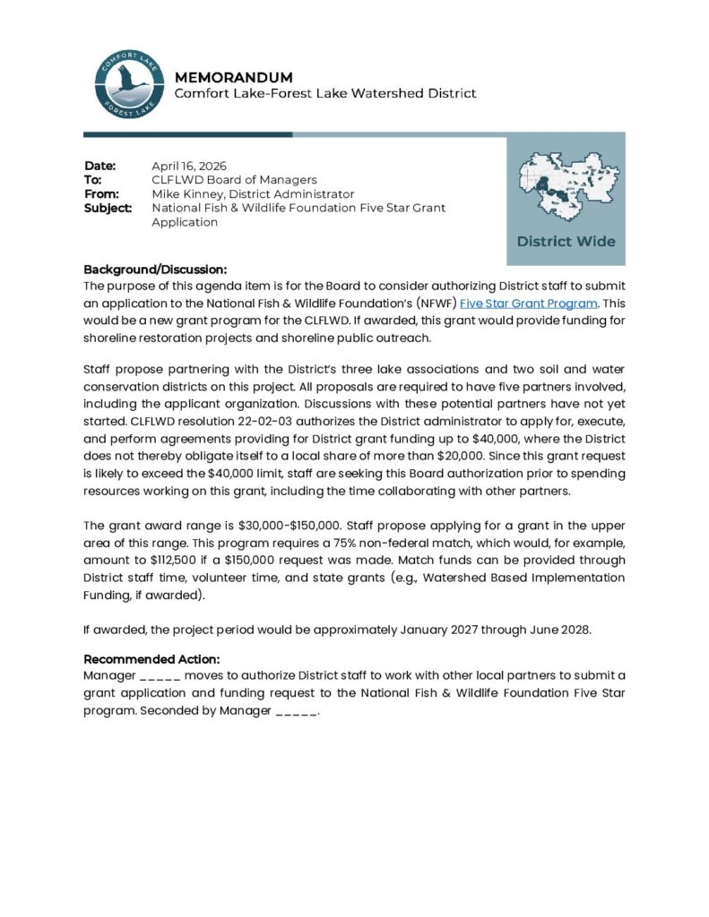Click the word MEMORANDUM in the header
pos(233,77)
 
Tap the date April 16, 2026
pos(188,166)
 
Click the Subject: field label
pos(108,208)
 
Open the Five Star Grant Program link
pos(528,304)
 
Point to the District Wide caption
pos(566,241)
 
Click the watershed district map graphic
pos(566,185)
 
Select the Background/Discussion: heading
pos(155,270)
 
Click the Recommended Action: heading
pos(151,659)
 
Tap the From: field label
pos(102,193)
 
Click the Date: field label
pos(100,166)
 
